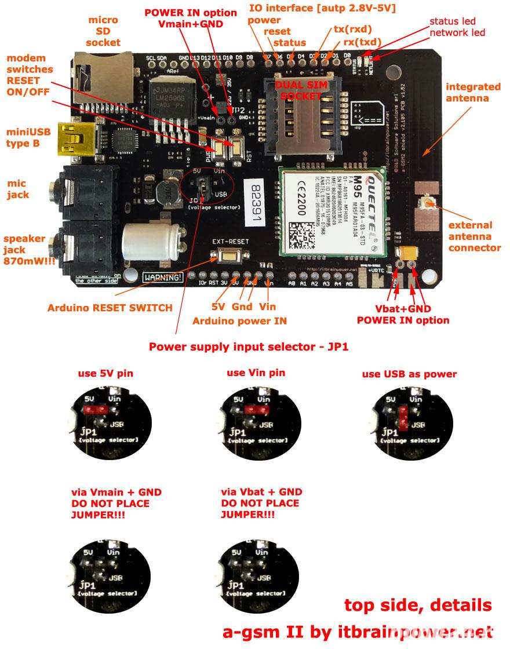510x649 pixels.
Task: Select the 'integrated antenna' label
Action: click(x=473, y=92)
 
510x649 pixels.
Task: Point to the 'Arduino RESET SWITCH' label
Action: click(x=110, y=308)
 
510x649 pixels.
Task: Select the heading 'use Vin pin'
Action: click(x=256, y=373)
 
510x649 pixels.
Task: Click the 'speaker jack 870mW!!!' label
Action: click(x=26, y=250)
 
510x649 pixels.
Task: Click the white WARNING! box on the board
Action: click(x=163, y=277)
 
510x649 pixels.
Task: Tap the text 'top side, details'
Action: click(x=418, y=605)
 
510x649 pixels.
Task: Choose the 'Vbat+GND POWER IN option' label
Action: click(x=402, y=315)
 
